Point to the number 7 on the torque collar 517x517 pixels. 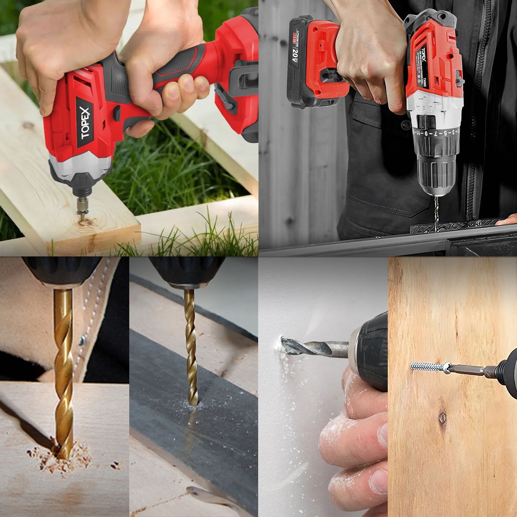(x=435, y=133)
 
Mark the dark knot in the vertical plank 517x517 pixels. (x=443, y=418)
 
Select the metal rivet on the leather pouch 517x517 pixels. (x=82, y=341)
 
